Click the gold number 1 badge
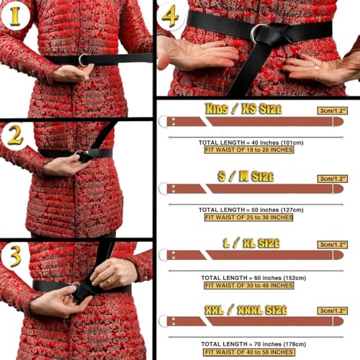pyautogui.click(x=15, y=16)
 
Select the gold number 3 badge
pyautogui.click(x=15, y=256)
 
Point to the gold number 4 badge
pyautogui.click(x=170, y=16)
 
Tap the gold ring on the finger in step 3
pyautogui.click(x=109, y=280)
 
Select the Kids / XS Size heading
pyautogui.click(x=243, y=109)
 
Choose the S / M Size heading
pyautogui.click(x=246, y=176)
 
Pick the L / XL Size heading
pyautogui.click(x=251, y=243)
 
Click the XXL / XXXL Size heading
pyautogui.click(x=246, y=310)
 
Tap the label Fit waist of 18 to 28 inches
pyautogui.click(x=249, y=150)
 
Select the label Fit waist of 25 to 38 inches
pyautogui.click(x=248, y=217)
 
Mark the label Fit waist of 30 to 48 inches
pyautogui.click(x=249, y=285)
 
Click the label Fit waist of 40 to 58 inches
pyautogui.click(x=249, y=352)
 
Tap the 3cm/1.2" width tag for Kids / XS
pyautogui.click(x=333, y=111)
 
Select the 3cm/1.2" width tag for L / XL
pyautogui.click(x=333, y=245)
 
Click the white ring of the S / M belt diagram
pyautogui.click(x=159, y=189)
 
